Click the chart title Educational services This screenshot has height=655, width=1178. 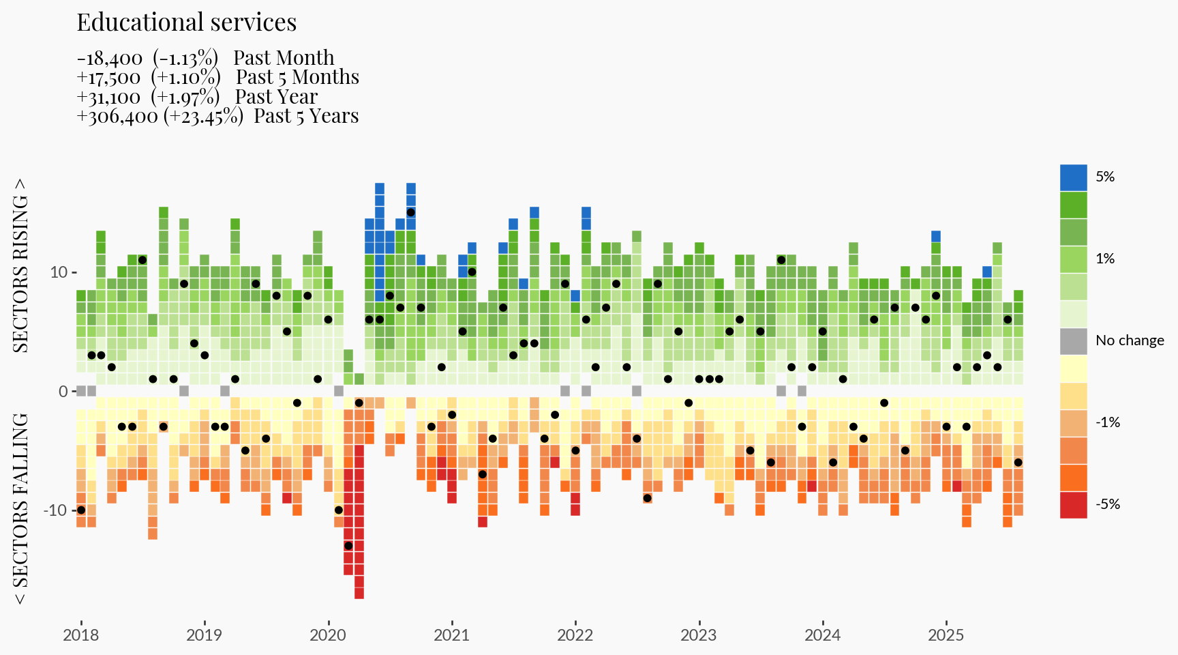[x=186, y=23]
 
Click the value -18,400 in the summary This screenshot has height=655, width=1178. [x=110, y=59]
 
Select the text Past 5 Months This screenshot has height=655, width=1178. [x=297, y=77]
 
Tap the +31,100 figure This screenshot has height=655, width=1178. [x=108, y=98]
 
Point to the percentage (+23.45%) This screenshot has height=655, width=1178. [x=203, y=117]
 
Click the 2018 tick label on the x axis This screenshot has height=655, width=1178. [x=80, y=635]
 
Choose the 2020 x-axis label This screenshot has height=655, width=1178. [x=328, y=635]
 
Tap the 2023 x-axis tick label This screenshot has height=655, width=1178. [x=698, y=635]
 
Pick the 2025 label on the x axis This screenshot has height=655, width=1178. [x=946, y=635]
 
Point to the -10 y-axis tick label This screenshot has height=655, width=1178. [x=55, y=510]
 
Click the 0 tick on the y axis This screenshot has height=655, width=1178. [x=63, y=392]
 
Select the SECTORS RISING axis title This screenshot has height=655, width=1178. [x=20, y=266]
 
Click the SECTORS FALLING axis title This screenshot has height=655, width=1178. [x=20, y=508]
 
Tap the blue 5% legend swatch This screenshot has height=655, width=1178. [x=1073, y=177]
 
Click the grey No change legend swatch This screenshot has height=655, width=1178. [x=1073, y=341]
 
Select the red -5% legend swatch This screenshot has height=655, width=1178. [x=1073, y=505]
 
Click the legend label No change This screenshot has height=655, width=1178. [x=1130, y=340]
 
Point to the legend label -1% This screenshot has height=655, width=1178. [x=1108, y=422]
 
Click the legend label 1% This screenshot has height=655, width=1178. [x=1105, y=259]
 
